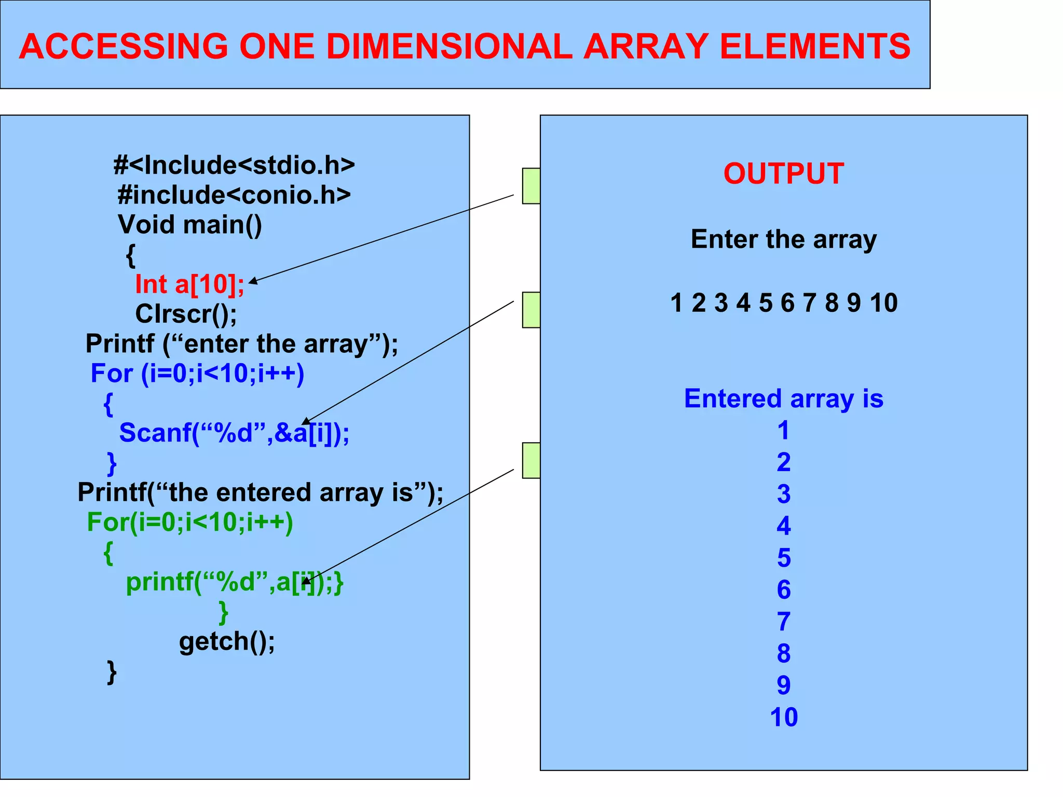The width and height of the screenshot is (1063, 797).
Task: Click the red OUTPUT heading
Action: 783,173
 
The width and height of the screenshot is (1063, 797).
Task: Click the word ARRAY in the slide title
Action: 646,46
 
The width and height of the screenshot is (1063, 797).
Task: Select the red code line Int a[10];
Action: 189,284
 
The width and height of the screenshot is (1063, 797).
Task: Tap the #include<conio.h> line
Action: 234,195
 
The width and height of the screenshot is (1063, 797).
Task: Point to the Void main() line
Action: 190,225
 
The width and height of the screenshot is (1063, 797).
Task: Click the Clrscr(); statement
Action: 186,314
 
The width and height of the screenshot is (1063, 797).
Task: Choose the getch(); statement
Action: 227,641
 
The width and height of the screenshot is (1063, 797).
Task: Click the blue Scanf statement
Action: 234,433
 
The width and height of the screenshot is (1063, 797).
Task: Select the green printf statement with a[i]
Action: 234,582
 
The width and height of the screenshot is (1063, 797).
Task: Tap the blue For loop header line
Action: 197,373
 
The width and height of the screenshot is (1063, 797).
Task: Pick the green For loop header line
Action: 190,522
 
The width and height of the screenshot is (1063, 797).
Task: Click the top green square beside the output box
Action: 531,186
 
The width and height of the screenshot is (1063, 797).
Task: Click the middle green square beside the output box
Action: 531,310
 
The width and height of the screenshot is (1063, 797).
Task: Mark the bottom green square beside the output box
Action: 531,460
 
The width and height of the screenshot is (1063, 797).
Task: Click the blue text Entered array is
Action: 783,398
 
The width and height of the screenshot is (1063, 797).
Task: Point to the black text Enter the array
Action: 783,239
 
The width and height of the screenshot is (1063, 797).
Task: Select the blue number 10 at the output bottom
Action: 783,717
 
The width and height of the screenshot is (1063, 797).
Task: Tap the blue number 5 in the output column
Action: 784,558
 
